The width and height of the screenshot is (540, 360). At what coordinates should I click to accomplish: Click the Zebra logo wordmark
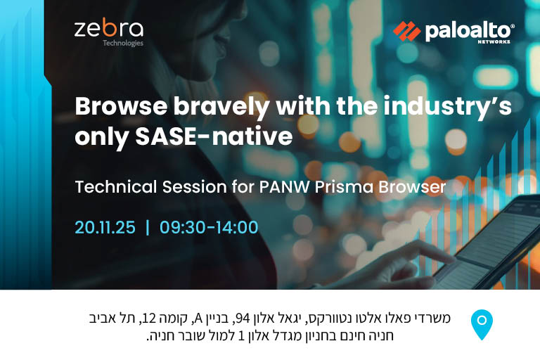pos(108,29)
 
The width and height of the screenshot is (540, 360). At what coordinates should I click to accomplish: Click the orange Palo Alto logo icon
pos(406,31)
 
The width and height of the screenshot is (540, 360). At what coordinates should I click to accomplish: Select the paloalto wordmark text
pos(469,30)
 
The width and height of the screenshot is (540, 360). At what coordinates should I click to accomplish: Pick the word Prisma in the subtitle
pos(337,188)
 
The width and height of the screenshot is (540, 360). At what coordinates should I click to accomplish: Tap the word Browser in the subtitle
pos(411,188)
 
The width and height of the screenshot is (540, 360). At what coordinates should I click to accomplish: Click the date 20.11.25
pos(105,227)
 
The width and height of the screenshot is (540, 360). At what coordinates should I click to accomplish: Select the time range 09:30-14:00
pos(209,227)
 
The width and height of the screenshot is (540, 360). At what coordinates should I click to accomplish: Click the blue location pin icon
pos(482,324)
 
